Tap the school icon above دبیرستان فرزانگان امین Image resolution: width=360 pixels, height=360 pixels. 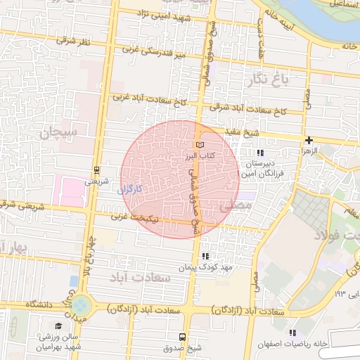[x=259, y=152]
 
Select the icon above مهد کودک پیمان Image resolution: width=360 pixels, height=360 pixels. [x=205, y=257]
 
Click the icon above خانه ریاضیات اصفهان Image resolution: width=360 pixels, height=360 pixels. [x=292, y=333]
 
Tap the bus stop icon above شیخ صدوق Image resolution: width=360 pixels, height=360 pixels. [x=182, y=337]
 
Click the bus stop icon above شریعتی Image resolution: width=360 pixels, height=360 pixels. [x=96, y=169]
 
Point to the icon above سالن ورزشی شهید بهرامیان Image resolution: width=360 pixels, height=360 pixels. [x=58, y=326]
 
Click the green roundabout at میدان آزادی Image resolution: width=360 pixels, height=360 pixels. [x=80, y=305]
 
